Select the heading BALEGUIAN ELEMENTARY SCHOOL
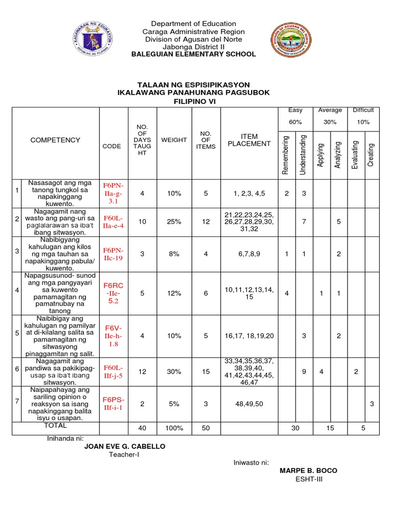[x=194, y=54]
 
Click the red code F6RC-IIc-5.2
[x=114, y=293]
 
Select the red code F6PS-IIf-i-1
[x=114, y=404]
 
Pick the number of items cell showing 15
[x=206, y=372]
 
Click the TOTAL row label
[x=55, y=426]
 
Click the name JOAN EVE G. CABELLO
[x=125, y=447]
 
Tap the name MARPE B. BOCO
[x=308, y=471]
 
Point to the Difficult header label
[x=363, y=110]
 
